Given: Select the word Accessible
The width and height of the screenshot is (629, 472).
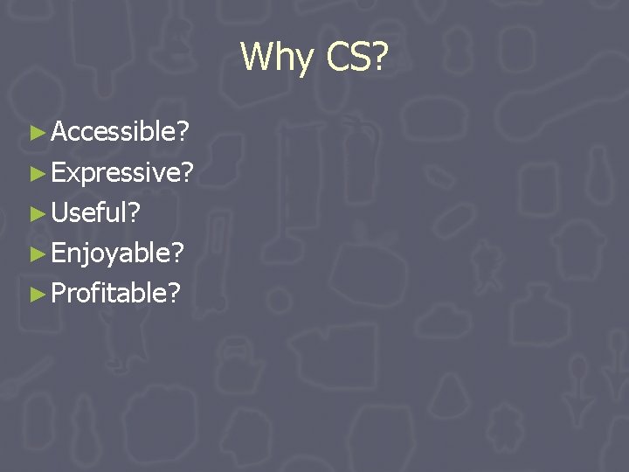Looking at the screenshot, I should pyautogui.click(x=113, y=132).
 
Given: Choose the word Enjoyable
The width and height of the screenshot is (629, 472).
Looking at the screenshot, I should pyautogui.click(x=111, y=253).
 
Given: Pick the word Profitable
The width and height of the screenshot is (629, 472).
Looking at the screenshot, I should pyautogui.click(x=109, y=293).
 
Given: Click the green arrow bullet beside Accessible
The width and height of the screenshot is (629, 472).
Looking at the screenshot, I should pyautogui.click(x=37, y=133).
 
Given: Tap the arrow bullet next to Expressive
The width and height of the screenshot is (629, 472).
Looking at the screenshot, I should pyautogui.click(x=37, y=173).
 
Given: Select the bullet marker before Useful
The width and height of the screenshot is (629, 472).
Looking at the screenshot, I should pyautogui.click(x=37, y=213).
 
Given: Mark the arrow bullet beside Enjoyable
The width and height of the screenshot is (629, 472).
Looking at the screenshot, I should pyautogui.click(x=37, y=253).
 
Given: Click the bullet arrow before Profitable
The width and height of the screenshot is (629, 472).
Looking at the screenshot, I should pyautogui.click(x=37, y=294).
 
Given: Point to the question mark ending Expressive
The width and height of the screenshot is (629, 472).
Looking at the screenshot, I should pyautogui.click(x=188, y=172).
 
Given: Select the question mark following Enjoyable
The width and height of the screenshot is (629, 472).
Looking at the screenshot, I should pyautogui.click(x=178, y=253).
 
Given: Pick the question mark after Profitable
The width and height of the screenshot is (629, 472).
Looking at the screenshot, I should pyautogui.click(x=175, y=293).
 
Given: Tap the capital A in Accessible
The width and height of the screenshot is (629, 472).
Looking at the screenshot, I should pyautogui.click(x=61, y=132).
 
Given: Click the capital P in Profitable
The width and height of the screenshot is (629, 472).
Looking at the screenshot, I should pyautogui.click(x=59, y=293).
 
